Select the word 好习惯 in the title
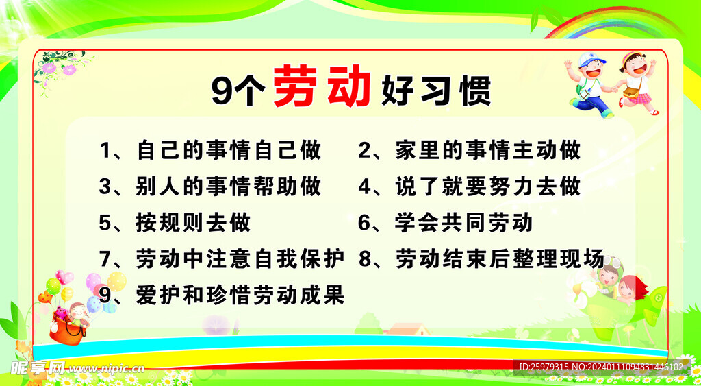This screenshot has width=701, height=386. tap(436, 91)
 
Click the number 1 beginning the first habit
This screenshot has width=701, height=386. tap(105, 150)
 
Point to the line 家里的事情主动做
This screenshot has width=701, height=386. tap(488, 150)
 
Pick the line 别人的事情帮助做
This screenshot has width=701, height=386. tap(229, 186)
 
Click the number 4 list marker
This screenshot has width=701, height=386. tap(366, 186)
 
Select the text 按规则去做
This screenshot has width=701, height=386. tap(193, 223)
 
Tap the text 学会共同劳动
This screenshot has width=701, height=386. tap(463, 223)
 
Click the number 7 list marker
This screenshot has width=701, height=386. tap(105, 259)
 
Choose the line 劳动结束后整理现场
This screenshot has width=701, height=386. tap(500, 259)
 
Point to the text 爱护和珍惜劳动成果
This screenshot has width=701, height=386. tap(240, 295)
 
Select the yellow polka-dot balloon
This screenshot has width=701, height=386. tap(116, 281)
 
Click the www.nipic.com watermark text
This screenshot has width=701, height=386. tap(107, 369)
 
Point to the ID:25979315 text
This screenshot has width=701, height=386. tap(544, 367)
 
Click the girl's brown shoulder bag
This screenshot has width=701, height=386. tap(631, 92)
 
